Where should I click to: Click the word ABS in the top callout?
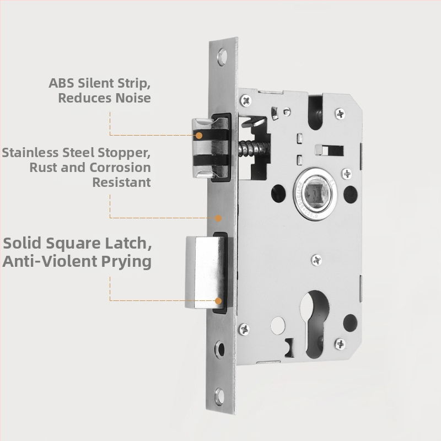pyautogui.click(x=61, y=83)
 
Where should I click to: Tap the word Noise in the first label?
pyautogui.click(x=133, y=98)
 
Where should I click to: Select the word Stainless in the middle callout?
pyautogui.click(x=30, y=153)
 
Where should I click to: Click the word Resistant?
pyautogui.click(x=121, y=182)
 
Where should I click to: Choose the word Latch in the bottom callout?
pyautogui.click(x=128, y=243)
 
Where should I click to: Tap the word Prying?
pyautogui.click(x=126, y=261)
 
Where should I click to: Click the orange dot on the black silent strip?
pyautogui.click(x=199, y=136)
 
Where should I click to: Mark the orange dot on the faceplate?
pyautogui.click(x=218, y=218)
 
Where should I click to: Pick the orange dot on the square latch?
pyautogui.click(x=218, y=301)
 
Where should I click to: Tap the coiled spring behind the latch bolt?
pyautogui.click(x=253, y=148)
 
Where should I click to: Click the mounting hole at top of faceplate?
pyautogui.click(x=222, y=57)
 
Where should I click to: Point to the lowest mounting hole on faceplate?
pyautogui.click(x=219, y=396)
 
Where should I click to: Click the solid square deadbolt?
pyautogui.click(x=206, y=272)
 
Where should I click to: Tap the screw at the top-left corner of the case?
pyautogui.click(x=246, y=100)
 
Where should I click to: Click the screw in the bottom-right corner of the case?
pyautogui.click(x=340, y=343)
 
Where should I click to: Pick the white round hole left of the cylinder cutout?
pyautogui.click(x=278, y=325)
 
